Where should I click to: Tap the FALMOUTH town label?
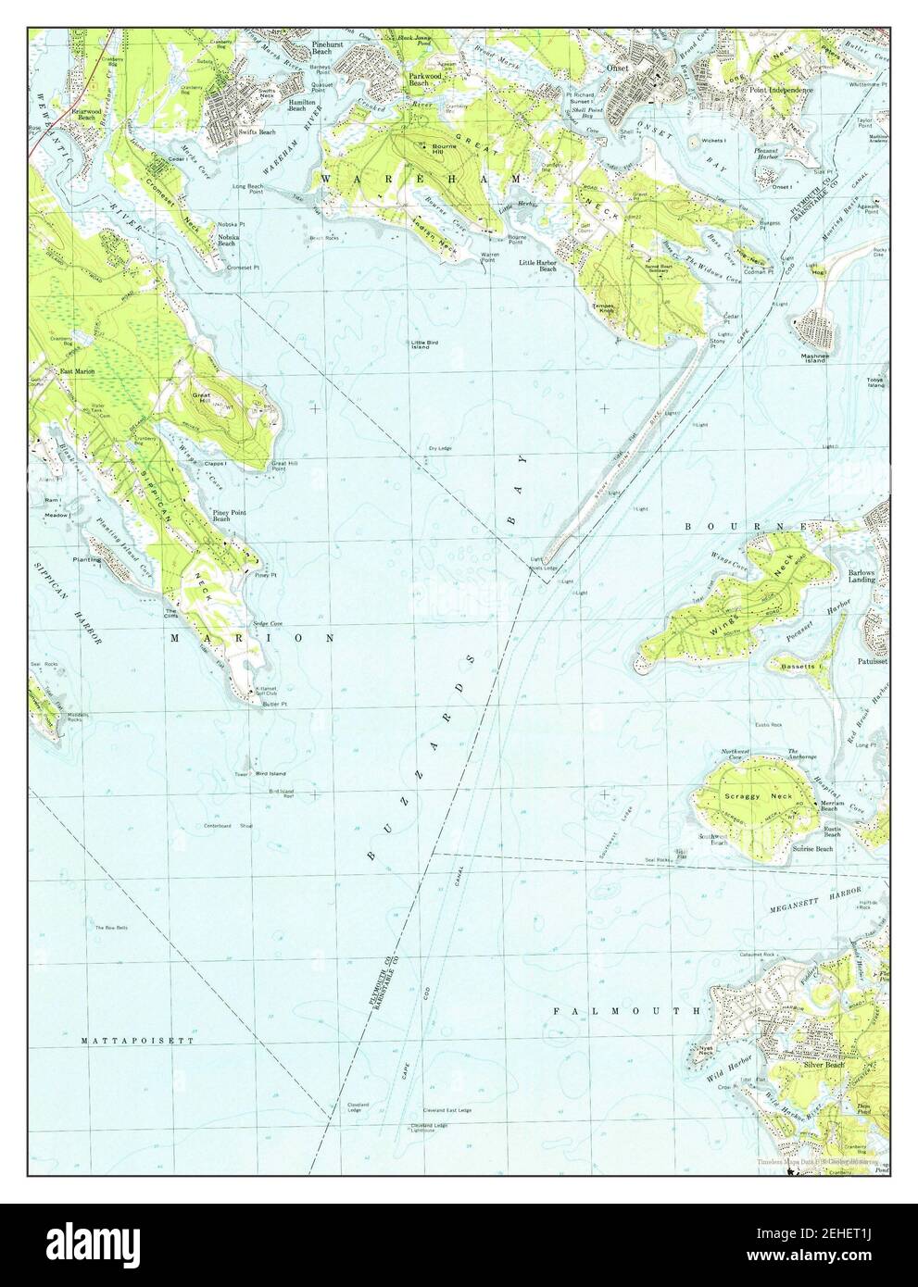click(x=625, y=1011)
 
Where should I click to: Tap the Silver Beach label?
click(x=824, y=1066)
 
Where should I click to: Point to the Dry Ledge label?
click(x=439, y=449)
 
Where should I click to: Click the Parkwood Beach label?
click(x=419, y=80)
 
